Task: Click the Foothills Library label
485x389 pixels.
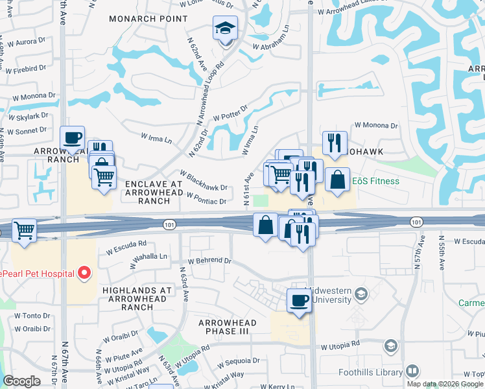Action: (371, 372)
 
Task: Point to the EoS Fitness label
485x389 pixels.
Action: (376, 181)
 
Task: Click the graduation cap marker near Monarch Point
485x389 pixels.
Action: (225, 29)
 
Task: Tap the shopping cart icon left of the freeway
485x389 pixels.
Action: (25, 230)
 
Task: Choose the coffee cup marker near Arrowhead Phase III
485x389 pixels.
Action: (299, 301)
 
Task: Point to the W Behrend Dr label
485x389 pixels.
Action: (209, 261)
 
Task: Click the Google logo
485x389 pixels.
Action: (21, 381)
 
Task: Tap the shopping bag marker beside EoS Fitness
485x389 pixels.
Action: (338, 180)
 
